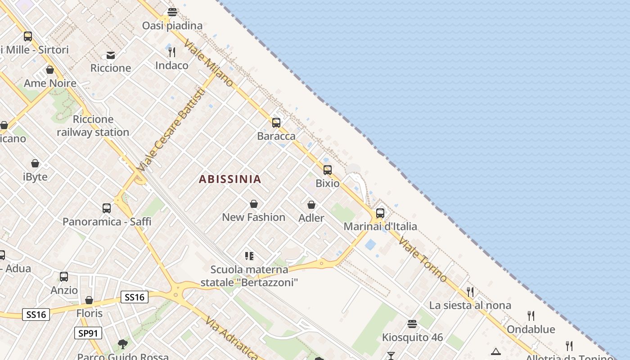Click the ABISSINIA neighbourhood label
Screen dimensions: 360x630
point(230,179)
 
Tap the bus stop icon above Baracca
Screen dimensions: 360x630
point(276,122)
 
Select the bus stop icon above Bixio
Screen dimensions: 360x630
point(328,170)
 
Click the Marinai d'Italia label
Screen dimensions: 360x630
point(380,226)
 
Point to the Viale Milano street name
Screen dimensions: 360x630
point(208,63)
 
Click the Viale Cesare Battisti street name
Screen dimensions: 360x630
point(171,130)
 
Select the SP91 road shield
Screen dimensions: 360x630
point(88,333)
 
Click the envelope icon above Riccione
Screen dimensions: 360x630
point(111,55)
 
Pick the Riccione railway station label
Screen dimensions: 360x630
point(93,126)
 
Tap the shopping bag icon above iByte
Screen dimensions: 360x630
point(35,163)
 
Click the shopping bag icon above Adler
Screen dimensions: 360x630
point(311,205)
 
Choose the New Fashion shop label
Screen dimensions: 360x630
point(254,217)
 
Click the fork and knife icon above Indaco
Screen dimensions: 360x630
point(171,52)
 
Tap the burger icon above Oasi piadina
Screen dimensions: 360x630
point(172,12)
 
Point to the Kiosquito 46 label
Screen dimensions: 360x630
point(412,337)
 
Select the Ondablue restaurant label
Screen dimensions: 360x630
point(531,329)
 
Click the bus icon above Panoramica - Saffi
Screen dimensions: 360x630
point(107,208)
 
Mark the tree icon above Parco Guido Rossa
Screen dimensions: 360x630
point(122,345)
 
